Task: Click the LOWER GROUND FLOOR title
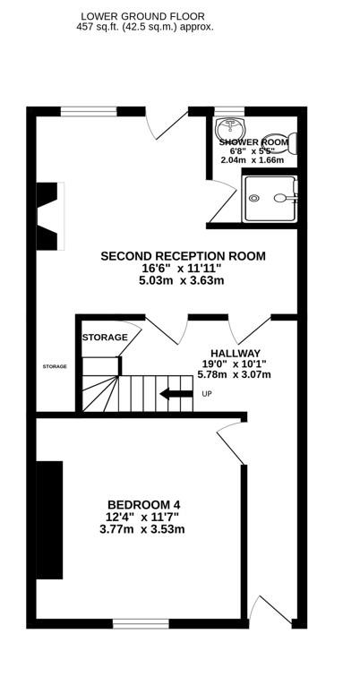pos(142,17)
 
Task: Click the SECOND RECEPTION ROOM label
pos(183,256)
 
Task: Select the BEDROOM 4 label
pos(144,505)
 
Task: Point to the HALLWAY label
pos(236,353)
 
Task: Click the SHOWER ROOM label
pos(253,142)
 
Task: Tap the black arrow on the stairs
pos(176,394)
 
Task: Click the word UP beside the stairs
pos(207,394)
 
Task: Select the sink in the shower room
pos(231,128)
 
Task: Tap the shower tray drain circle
pos(253,198)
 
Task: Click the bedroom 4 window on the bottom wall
pos(141,623)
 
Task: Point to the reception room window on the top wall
pos(89,111)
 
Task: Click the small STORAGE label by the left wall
pos(55,366)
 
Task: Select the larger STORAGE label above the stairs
pos(105,338)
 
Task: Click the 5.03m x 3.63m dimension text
pos(182,280)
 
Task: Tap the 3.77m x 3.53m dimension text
pos(142,529)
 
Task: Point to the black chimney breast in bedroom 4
pos(49,520)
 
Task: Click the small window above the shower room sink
pos(229,111)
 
